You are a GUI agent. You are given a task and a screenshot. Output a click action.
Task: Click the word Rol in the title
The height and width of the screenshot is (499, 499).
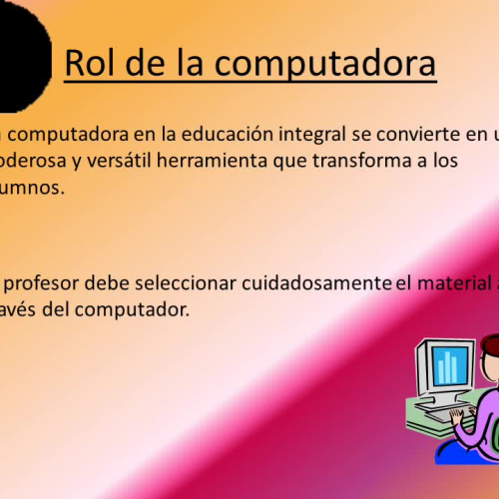coord(89,63)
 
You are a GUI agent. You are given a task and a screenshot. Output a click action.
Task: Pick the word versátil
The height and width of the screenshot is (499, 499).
coord(118,162)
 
